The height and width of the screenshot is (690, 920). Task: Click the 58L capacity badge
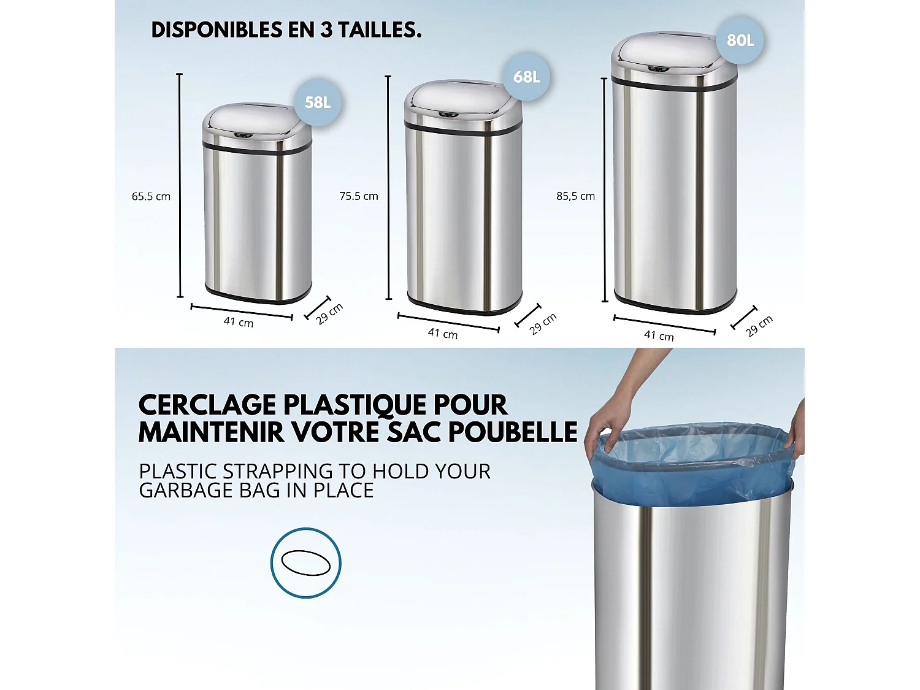point(318,102)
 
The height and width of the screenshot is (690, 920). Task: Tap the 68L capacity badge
point(526,77)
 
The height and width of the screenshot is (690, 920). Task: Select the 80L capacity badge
point(740,40)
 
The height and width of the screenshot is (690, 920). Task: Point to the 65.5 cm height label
point(151,197)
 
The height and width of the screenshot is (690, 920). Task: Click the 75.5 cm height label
point(359,196)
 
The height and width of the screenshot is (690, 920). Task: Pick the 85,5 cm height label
point(575,196)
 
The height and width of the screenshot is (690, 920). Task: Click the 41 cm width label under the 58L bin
point(239,322)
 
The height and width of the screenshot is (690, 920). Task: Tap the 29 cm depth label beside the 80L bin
point(759,326)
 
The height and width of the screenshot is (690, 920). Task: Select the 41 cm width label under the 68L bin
point(443,334)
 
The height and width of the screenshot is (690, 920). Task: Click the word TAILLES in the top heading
point(380,30)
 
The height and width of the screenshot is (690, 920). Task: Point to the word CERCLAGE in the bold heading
point(207,405)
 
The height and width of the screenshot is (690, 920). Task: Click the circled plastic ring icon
point(305,562)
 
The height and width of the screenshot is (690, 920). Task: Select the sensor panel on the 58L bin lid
point(243,135)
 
